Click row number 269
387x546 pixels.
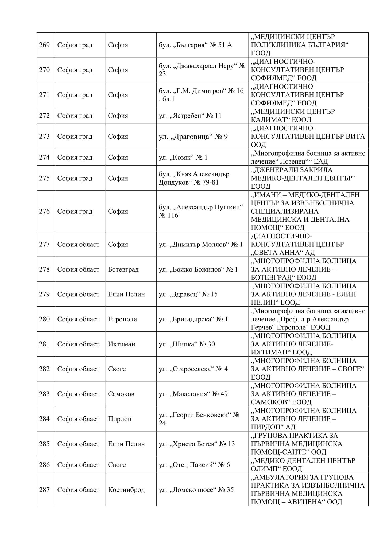[44, 45]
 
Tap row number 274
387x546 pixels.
[44, 157]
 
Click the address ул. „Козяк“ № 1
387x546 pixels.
[183, 157]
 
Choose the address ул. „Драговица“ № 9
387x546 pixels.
[193, 137]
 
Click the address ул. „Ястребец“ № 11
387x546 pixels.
[190, 116]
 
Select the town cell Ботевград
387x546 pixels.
[123, 269]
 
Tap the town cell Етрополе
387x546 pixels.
[122, 319]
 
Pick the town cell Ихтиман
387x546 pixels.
[122, 344]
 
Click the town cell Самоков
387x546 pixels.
[121, 394]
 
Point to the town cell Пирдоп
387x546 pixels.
[120, 419]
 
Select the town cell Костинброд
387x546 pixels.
[126, 490]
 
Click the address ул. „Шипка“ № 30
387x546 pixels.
[187, 344]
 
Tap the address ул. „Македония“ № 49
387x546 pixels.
[193, 394]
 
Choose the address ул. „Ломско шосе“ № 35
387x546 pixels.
[196, 490]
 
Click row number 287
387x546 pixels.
[44, 490]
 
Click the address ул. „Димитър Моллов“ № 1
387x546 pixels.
[200, 245]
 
